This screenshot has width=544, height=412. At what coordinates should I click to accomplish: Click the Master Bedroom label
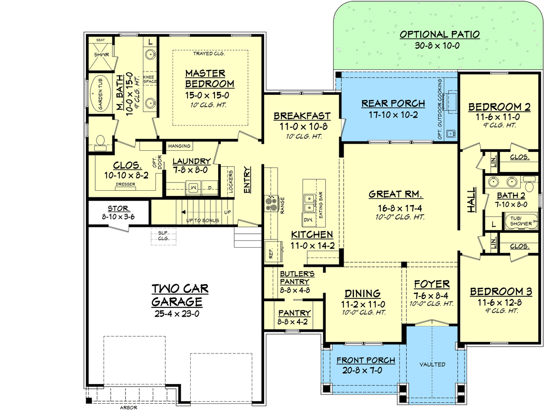[x=209, y=78]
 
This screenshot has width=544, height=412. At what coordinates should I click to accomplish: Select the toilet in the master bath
[x=100, y=141]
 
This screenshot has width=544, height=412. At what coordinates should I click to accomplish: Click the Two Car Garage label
[x=177, y=295]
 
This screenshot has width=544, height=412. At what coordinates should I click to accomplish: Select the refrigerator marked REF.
[x=271, y=252]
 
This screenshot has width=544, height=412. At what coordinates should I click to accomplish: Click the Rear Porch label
[x=393, y=103]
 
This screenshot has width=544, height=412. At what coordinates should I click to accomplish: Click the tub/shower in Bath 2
[x=521, y=222]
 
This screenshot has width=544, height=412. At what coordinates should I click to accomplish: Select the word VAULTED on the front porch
[x=432, y=364]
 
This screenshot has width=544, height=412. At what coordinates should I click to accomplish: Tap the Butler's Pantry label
[x=295, y=277]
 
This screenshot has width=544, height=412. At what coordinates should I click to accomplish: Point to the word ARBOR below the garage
[x=128, y=407]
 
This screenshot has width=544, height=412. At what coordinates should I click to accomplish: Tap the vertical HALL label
[x=471, y=200]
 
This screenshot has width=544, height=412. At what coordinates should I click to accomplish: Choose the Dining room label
[x=362, y=293]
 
